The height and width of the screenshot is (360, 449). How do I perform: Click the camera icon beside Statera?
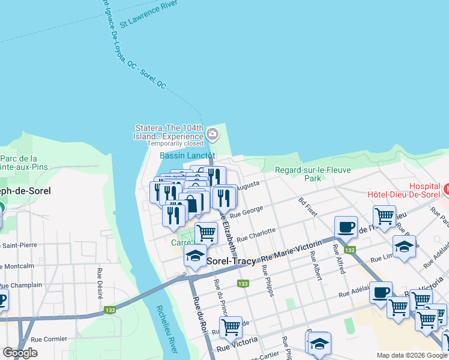(x=211, y=133)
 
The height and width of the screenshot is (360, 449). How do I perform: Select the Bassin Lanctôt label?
(x=187, y=155)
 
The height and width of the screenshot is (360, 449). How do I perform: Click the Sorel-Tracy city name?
(x=232, y=262)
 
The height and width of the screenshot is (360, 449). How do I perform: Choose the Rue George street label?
(x=247, y=212)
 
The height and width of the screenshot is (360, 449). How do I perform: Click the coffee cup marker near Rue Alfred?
(x=345, y=227)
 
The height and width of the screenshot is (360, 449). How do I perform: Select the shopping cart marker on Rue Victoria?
(x=231, y=327)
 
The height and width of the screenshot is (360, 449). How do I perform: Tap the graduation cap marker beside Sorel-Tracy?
(x=195, y=256)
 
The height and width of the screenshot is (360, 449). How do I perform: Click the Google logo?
(x=20, y=353)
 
